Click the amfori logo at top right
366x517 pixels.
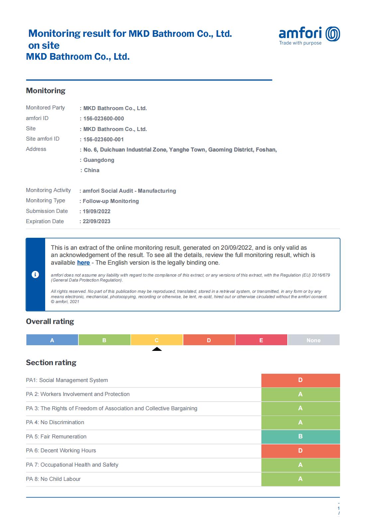[x=309, y=35]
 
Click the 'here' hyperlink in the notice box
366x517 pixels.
[x=83, y=263]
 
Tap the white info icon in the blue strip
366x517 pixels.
[x=35, y=275]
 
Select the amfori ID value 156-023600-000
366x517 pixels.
[x=104, y=118]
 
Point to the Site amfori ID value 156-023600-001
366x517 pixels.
[x=104, y=139]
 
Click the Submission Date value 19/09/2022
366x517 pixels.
[x=97, y=211]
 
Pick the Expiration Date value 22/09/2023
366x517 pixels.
[x=97, y=221]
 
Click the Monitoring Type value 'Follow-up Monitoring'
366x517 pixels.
[x=111, y=201]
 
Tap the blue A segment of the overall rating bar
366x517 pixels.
[x=52, y=340]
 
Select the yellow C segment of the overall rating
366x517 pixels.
[x=157, y=340]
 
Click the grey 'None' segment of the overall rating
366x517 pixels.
[x=314, y=340]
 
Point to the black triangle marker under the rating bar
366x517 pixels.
[x=157, y=349]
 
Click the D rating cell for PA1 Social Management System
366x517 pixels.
[x=301, y=380]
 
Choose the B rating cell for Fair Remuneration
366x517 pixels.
[x=301, y=436]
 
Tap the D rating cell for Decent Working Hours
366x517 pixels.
[x=301, y=451]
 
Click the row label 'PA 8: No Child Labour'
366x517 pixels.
[x=53, y=479]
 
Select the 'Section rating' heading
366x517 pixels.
[x=51, y=362]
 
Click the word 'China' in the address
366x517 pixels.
[x=92, y=170]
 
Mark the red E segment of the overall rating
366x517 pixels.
[x=261, y=340]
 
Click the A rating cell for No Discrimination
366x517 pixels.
[x=301, y=422]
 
